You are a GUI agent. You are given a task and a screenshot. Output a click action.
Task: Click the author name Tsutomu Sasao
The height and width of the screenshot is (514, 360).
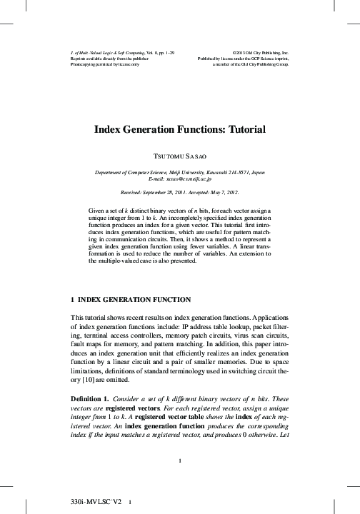[179, 155]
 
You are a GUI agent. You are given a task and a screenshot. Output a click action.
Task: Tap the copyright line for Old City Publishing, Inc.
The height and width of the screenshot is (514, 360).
[261, 53]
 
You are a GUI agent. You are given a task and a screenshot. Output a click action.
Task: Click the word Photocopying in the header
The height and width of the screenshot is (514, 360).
[83, 64]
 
